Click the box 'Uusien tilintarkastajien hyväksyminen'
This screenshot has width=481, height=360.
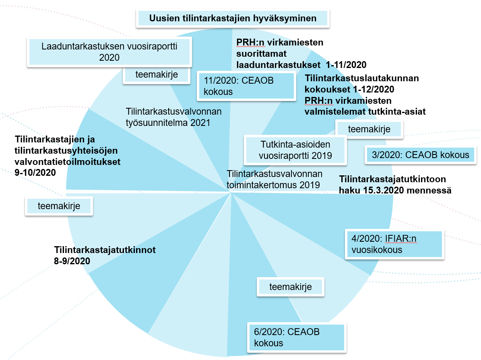click(x=233, y=19)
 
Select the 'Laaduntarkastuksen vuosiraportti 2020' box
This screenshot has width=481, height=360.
click(x=109, y=52)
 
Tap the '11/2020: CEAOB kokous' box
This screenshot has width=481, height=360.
click(x=245, y=86)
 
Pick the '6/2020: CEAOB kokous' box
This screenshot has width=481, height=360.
click(x=297, y=338)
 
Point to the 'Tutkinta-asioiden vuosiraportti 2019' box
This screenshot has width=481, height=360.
click(x=296, y=150)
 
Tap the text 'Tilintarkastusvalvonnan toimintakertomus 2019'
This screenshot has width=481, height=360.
click(x=275, y=179)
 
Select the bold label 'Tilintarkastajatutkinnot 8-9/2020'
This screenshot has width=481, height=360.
click(x=105, y=255)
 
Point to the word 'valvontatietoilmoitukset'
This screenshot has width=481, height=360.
click(x=68, y=162)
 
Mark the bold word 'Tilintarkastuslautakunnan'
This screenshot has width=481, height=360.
click(x=362, y=78)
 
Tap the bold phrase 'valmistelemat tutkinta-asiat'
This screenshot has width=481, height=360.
click(x=365, y=111)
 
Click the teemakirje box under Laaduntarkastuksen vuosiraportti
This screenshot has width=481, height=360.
click(x=157, y=75)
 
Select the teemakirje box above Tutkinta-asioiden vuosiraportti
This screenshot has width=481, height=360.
click(x=369, y=129)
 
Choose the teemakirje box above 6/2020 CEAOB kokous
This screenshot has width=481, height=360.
click(x=290, y=286)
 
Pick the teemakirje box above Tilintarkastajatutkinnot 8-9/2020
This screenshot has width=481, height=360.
click(x=59, y=206)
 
